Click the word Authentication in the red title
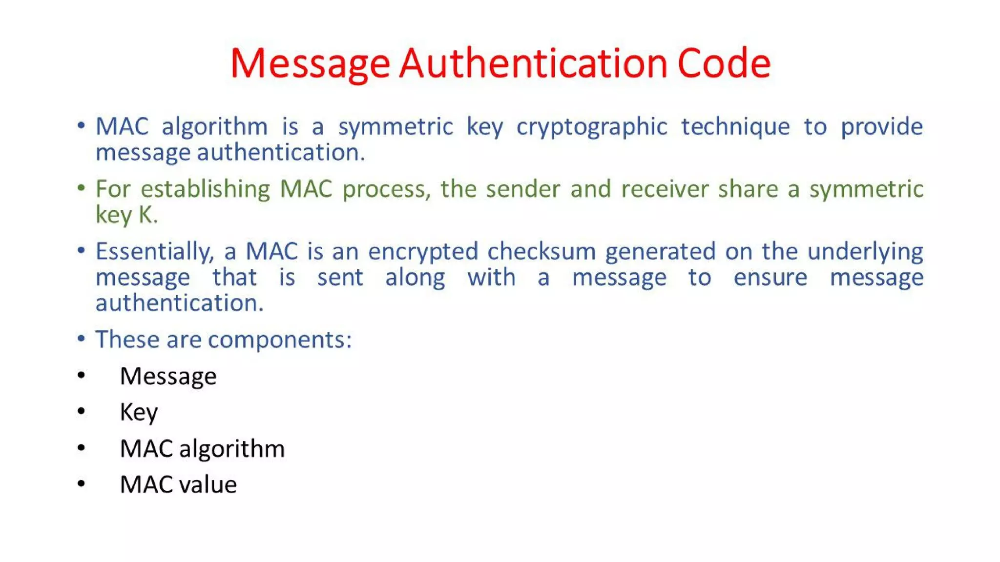click(533, 63)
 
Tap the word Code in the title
click(724, 63)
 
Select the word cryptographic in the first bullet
click(592, 127)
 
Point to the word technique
click(735, 127)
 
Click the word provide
click(881, 127)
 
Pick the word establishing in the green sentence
click(205, 189)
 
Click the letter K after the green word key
click(146, 215)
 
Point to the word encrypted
click(423, 252)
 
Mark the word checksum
click(542, 252)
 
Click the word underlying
click(865, 252)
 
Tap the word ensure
click(771, 278)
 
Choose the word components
click(276, 340)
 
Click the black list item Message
click(168, 377)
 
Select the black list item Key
click(139, 413)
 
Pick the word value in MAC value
click(208, 485)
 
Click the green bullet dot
click(81, 188)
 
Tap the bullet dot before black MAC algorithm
click(81, 448)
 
